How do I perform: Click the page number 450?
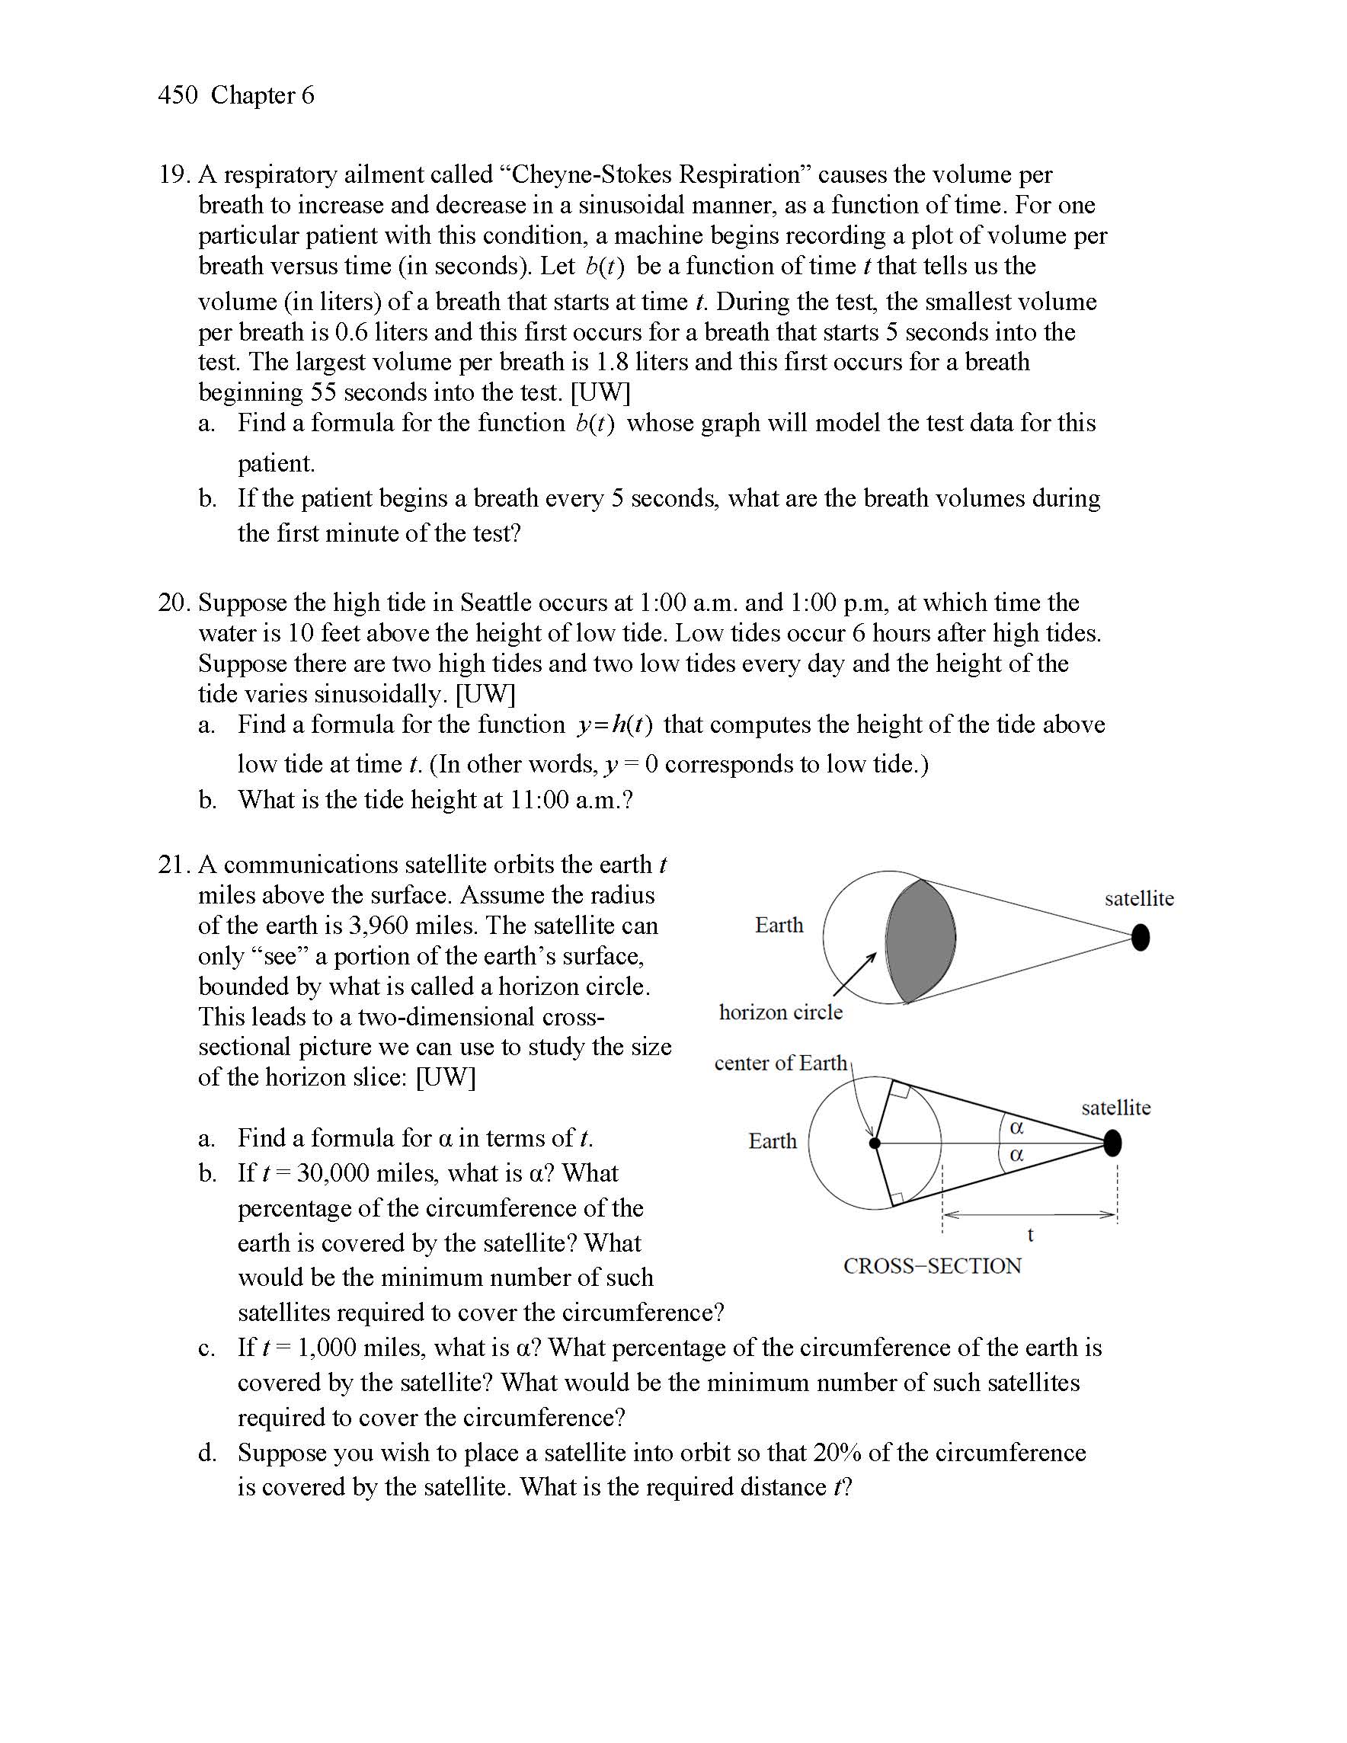coord(178,95)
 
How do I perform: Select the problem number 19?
coord(172,174)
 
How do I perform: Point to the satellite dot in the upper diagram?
coord(1141,937)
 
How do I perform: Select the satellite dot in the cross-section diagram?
coord(1112,1143)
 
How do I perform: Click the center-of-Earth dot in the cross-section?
coord(875,1143)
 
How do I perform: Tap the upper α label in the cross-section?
coord(1016,1127)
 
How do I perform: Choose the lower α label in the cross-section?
coord(1016,1155)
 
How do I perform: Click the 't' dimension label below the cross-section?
coord(1030,1236)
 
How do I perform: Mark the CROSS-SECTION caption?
coord(932,1266)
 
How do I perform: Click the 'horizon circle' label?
coord(780,1012)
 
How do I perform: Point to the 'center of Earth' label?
coord(780,1063)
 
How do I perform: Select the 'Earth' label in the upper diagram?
coord(779,925)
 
